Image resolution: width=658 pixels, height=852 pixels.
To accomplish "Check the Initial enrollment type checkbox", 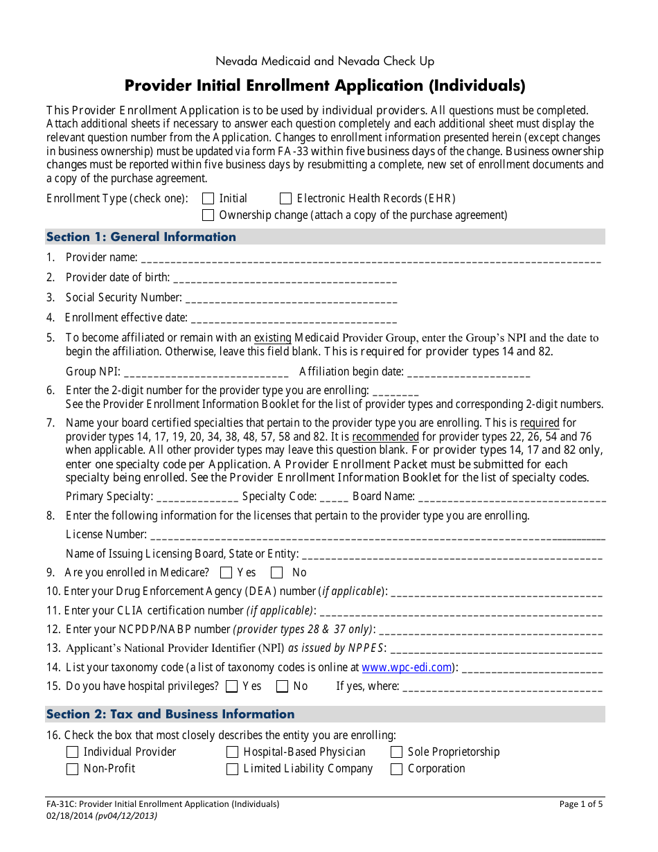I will point(208,199).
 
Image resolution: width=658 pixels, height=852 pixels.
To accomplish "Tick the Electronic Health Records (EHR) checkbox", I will point(285,199).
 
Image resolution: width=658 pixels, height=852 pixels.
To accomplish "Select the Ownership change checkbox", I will point(208,215).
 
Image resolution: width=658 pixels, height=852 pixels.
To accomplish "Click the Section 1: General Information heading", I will point(141,237).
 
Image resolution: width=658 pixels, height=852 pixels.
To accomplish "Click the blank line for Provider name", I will point(370,259).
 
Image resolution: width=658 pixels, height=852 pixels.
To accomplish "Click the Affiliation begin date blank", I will point(469,373).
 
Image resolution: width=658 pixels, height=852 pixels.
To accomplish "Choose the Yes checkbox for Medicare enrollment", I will point(226,573).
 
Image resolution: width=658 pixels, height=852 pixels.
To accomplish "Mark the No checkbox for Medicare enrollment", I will point(277,573).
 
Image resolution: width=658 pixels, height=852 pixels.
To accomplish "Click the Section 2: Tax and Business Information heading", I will point(170,714).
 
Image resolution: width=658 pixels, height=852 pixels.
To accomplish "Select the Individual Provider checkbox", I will point(72,752).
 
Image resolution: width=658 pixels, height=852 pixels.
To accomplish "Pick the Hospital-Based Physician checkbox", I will point(232,752).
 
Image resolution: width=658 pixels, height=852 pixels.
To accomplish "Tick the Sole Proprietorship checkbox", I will point(396,752).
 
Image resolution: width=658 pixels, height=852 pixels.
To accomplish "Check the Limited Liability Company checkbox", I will point(232,769).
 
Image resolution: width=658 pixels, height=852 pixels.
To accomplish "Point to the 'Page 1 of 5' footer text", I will point(581,804).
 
